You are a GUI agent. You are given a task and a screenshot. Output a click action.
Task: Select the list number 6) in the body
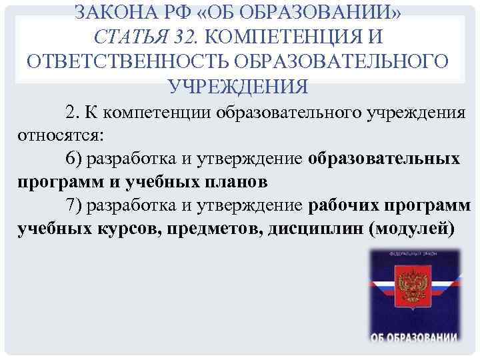point(75,160)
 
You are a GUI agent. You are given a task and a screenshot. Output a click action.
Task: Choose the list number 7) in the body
point(75,206)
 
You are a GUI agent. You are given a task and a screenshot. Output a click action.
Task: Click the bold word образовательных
point(384,160)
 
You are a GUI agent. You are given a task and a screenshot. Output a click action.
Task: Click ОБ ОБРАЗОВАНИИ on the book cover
point(414,335)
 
